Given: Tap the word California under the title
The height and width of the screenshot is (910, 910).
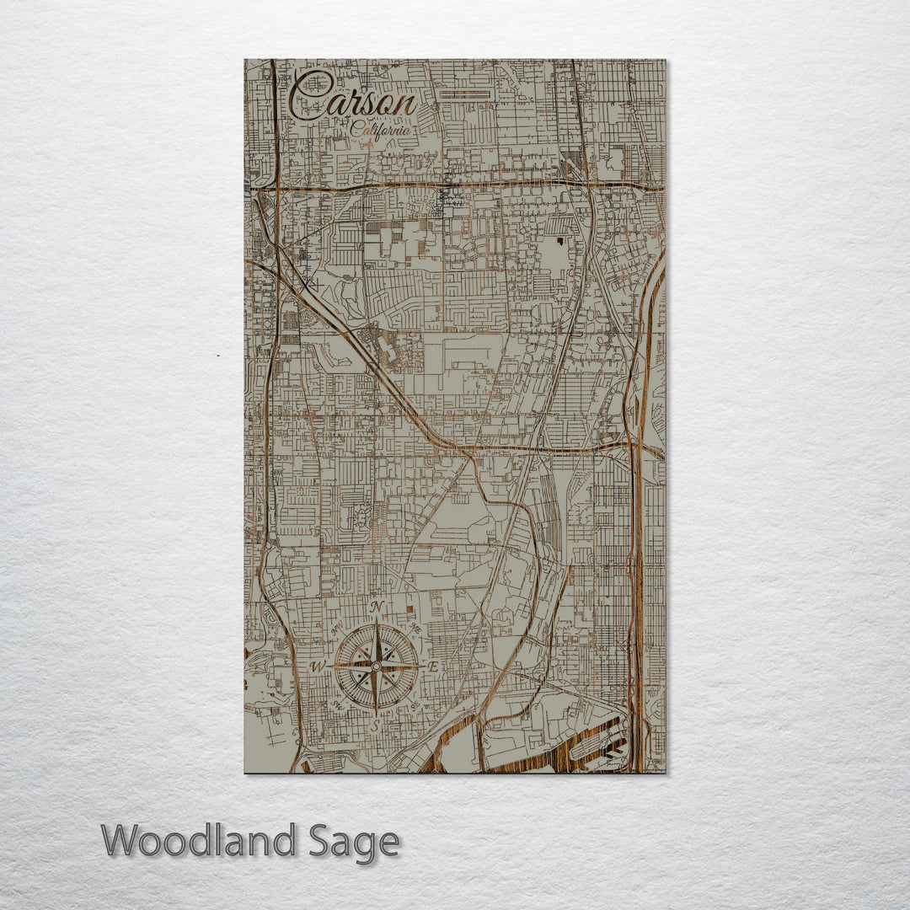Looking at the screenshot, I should (382, 131).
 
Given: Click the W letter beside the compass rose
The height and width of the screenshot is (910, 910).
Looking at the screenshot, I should (318, 666).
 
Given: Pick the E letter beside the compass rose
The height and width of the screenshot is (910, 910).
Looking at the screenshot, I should (434, 666).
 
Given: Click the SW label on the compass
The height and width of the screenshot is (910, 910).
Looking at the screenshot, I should (338, 704).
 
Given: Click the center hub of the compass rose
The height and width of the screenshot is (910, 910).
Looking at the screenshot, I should (376, 666).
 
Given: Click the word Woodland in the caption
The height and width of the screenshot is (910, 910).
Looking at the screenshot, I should (199, 842).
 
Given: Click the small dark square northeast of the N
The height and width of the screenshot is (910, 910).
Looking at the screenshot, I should (410, 608).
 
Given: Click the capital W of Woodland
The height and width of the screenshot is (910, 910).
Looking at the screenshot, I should (123, 841).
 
